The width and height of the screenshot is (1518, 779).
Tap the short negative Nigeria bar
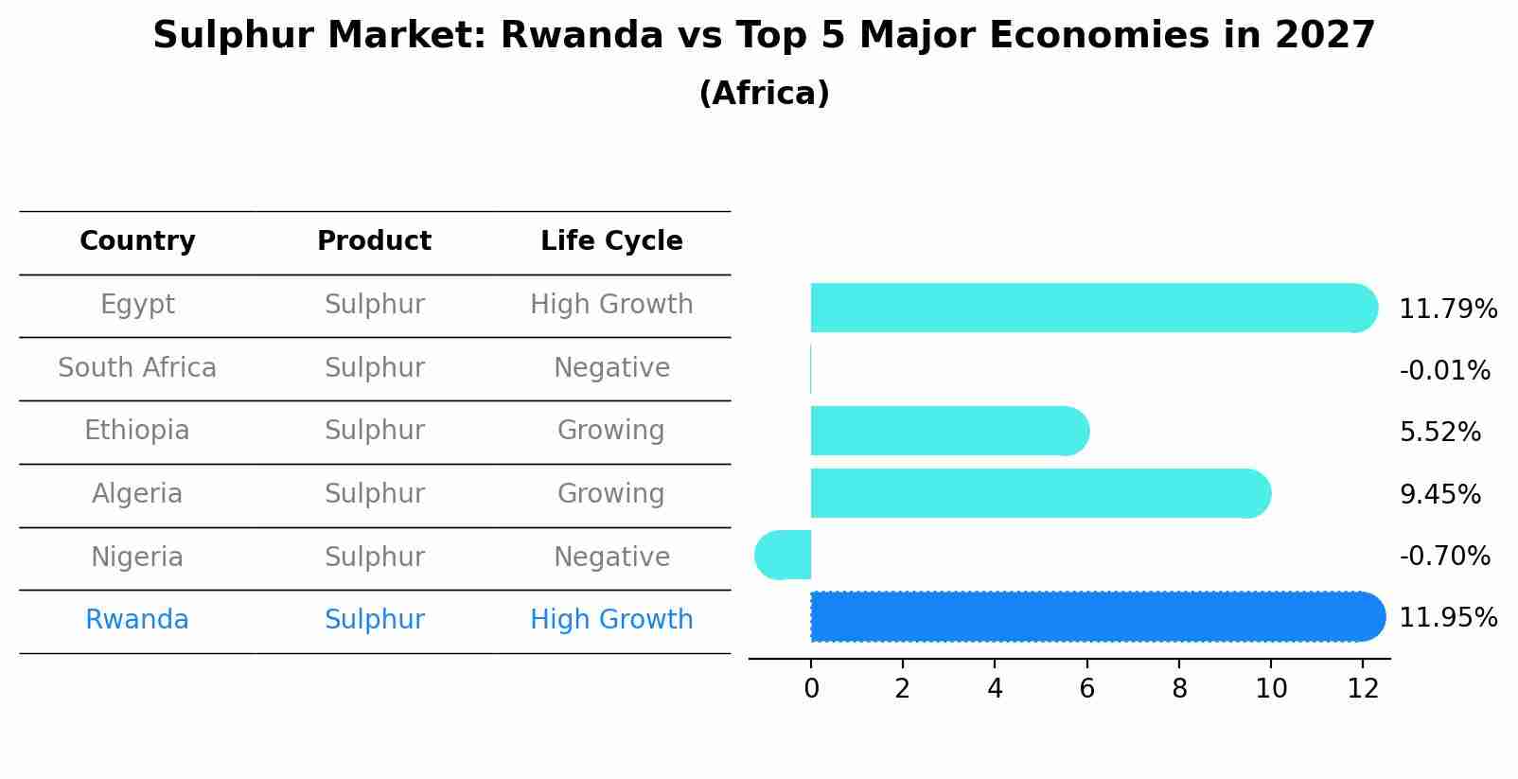784,555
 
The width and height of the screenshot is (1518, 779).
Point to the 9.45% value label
1439,494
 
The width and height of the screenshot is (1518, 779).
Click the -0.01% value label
1444,370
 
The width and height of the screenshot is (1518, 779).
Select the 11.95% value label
1447,617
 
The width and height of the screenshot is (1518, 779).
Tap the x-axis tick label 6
1086,689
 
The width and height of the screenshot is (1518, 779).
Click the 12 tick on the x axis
1363,689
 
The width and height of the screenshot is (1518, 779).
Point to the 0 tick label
811,689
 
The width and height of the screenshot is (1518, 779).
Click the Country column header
137,241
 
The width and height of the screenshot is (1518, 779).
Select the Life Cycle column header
611,241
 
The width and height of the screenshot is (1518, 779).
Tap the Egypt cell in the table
137,305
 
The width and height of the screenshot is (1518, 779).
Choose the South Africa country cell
137,367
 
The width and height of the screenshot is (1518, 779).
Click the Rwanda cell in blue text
137,620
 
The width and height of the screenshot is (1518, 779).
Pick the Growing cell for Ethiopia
610,431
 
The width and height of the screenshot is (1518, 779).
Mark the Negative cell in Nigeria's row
611,557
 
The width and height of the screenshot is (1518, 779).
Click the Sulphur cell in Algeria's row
374,494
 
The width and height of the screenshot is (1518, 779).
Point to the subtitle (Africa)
764,94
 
